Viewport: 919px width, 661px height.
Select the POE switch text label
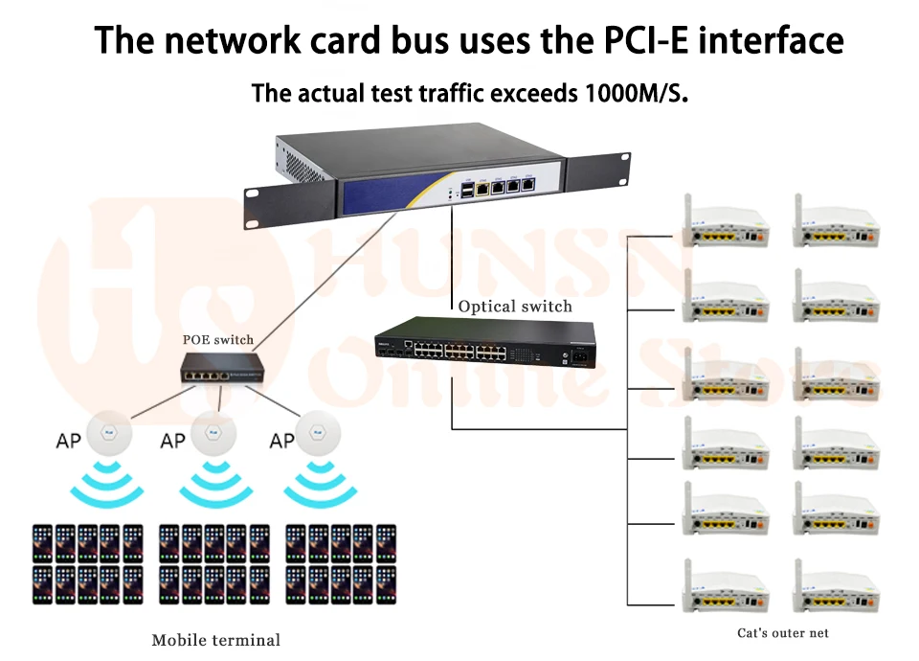tap(218, 339)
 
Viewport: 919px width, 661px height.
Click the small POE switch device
tap(222, 369)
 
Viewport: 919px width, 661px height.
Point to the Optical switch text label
tap(515, 307)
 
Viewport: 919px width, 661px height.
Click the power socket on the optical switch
tap(579, 356)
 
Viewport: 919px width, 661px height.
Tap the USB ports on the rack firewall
tap(467, 190)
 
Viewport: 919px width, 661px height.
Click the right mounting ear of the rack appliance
tap(596, 171)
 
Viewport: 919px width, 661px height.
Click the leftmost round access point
tap(109, 433)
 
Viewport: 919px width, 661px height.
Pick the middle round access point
tap(213, 433)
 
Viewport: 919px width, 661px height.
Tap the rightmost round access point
tap(318, 433)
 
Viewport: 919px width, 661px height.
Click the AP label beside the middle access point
tap(173, 441)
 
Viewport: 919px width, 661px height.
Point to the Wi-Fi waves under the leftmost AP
tap(106, 483)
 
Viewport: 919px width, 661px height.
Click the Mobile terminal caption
tap(216, 640)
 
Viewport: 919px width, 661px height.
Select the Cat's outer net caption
tap(783, 633)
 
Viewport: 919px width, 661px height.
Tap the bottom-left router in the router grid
tap(726, 586)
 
